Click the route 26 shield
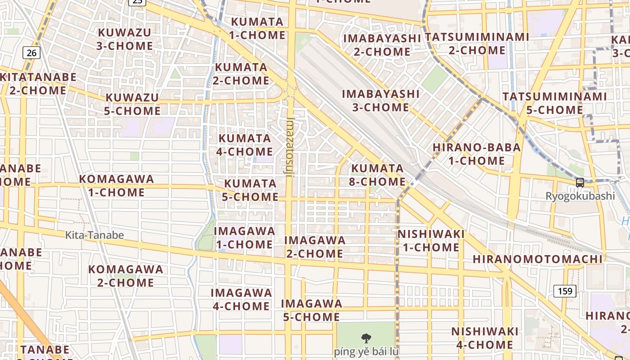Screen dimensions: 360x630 pyautogui.click(x=31, y=53)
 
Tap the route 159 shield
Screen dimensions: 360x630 pyautogui.click(x=565, y=291)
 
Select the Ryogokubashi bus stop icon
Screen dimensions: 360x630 pyautogui.click(x=580, y=183)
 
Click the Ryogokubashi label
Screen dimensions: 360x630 pyautogui.click(x=580, y=196)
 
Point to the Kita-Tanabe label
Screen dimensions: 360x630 pyautogui.click(x=94, y=235)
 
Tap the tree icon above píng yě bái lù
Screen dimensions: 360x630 pyautogui.click(x=366, y=338)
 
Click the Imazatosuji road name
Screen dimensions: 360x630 pyautogui.click(x=290, y=147)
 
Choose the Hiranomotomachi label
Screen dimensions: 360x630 pyautogui.click(x=537, y=259)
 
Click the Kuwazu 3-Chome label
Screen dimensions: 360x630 pyautogui.click(x=125, y=39)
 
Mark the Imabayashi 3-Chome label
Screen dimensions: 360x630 pyautogui.click(x=381, y=100)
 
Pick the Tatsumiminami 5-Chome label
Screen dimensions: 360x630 pyautogui.click(x=554, y=103)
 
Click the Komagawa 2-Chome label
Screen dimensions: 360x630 pyautogui.click(x=126, y=276)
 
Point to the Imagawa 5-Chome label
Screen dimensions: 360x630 pyautogui.click(x=311, y=310)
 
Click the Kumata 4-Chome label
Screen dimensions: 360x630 pyautogui.click(x=245, y=145)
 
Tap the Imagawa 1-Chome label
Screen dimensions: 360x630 pyautogui.click(x=244, y=238)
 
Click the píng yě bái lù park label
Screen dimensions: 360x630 pyautogui.click(x=366, y=351)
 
